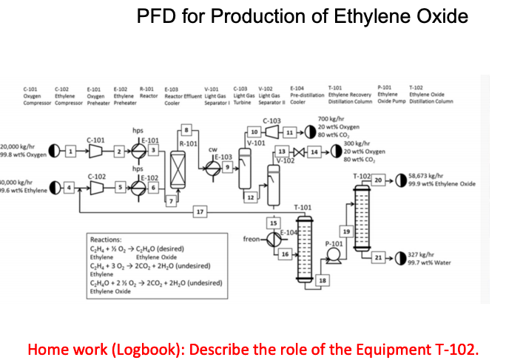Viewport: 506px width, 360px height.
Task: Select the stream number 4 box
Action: click(x=72, y=190)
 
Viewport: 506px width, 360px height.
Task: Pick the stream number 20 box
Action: click(x=378, y=180)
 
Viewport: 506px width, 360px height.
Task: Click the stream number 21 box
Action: click(x=379, y=257)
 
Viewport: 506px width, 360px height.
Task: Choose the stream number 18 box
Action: click(x=322, y=280)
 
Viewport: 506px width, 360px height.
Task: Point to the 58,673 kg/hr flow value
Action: click(x=425, y=176)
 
